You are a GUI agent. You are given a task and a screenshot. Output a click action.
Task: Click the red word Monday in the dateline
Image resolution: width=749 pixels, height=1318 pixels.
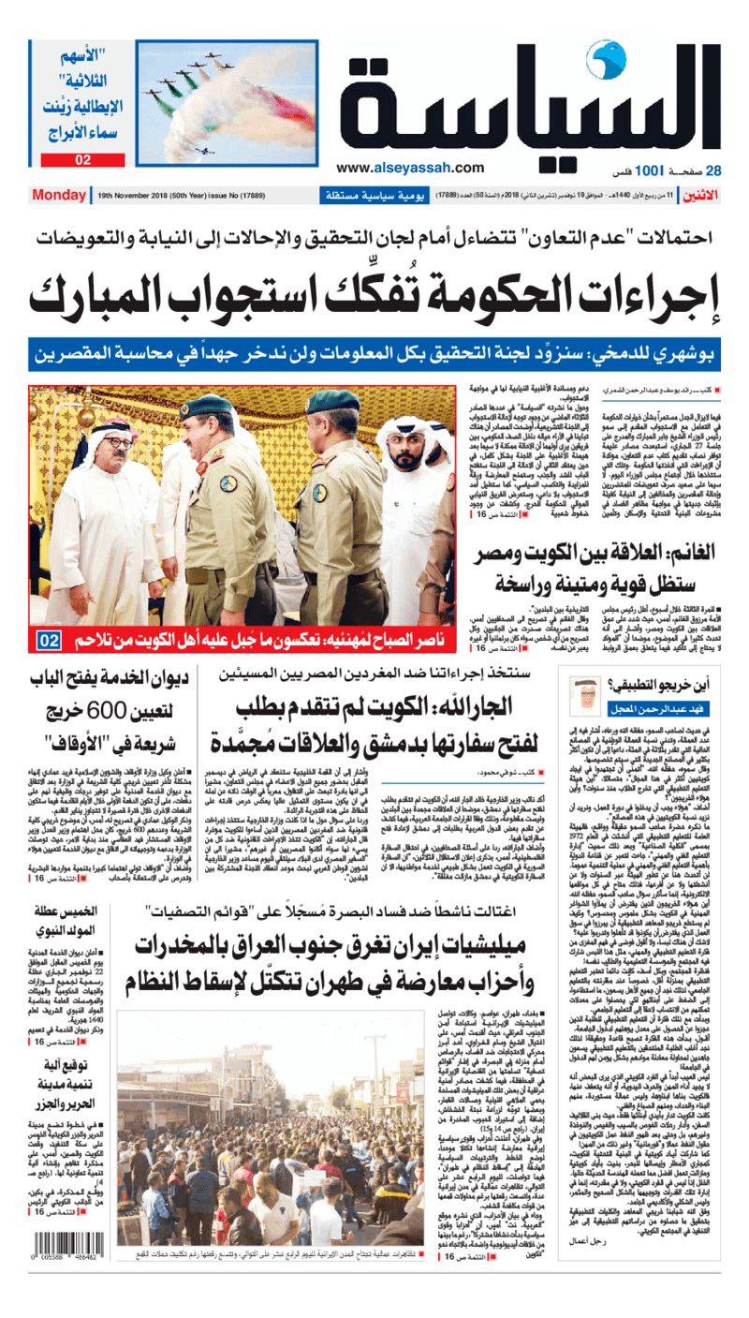(x=59, y=195)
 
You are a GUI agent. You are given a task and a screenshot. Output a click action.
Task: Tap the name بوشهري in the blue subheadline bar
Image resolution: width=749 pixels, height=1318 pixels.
(x=691, y=353)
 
